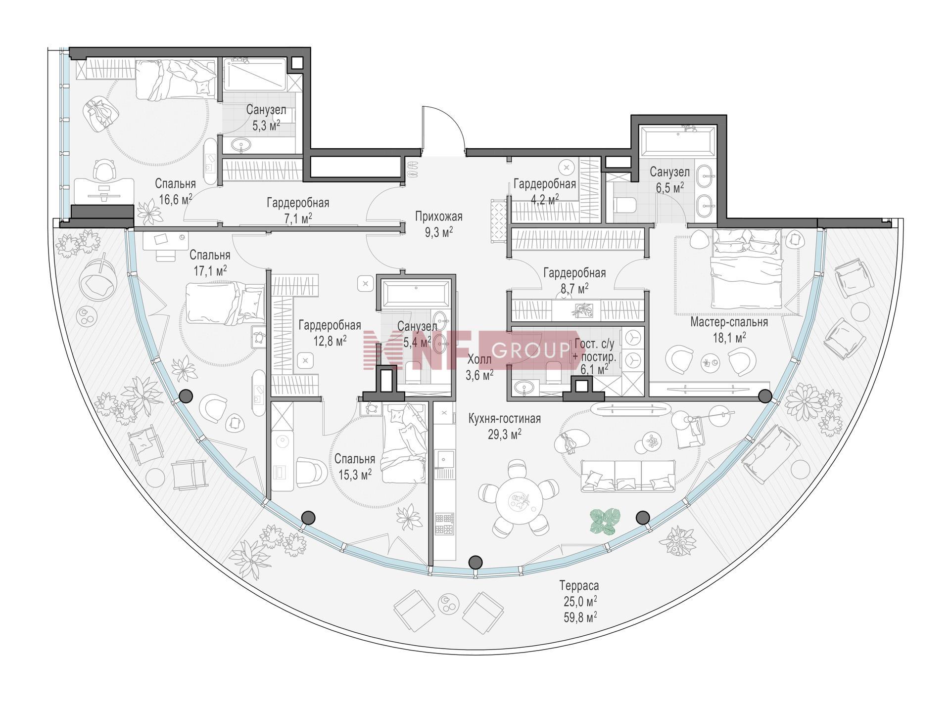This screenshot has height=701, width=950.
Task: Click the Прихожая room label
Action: [x=438, y=217]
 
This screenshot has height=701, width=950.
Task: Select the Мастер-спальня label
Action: [x=729, y=322]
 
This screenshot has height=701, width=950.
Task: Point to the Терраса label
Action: [x=579, y=586]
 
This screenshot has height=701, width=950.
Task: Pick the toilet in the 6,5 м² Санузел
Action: [x=624, y=204]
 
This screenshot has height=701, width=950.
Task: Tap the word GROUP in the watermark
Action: [x=531, y=350]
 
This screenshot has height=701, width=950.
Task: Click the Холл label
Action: [x=479, y=360]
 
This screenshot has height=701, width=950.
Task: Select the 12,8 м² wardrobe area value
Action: [x=330, y=341]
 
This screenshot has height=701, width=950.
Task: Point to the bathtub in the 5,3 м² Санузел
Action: [x=254, y=74]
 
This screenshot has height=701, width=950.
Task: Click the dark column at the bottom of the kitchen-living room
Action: [x=475, y=562]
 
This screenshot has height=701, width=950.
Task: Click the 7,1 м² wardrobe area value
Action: [x=297, y=218]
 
